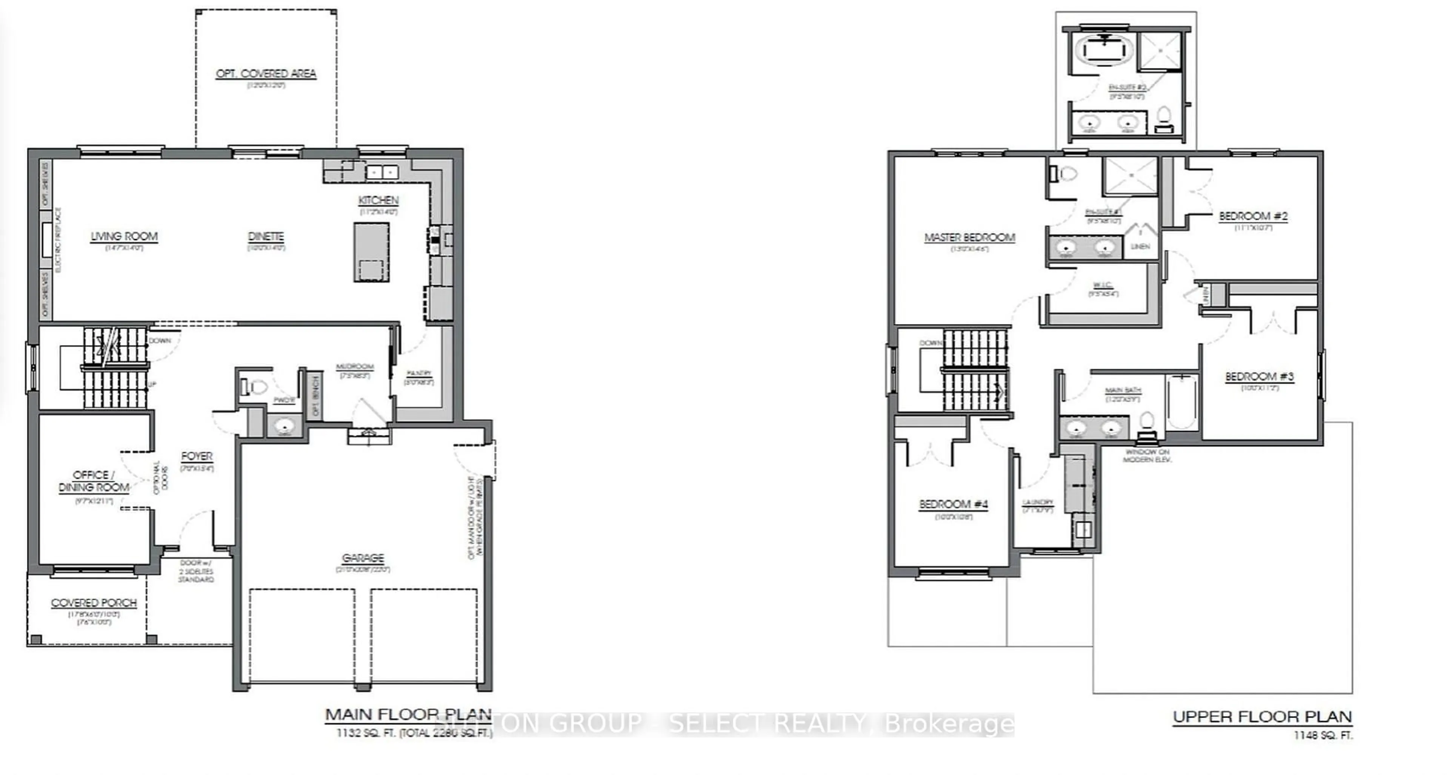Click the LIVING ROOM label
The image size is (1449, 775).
pyautogui.click(x=124, y=237)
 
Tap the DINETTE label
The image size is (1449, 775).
pyautogui.click(x=266, y=237)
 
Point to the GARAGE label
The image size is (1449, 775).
pyautogui.click(x=363, y=558)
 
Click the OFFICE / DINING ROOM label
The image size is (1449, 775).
pyautogui.click(x=94, y=481)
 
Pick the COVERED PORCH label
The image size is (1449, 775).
pyautogui.click(x=94, y=603)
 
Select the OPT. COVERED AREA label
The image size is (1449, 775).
pyautogui.click(x=266, y=74)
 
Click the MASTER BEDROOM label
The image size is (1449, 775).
pyautogui.click(x=969, y=238)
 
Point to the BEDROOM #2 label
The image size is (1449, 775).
pyautogui.click(x=1253, y=216)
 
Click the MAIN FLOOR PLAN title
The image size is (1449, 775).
pyautogui.click(x=408, y=715)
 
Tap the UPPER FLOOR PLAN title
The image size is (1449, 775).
pyautogui.click(x=1262, y=717)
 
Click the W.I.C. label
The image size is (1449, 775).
pyautogui.click(x=1103, y=286)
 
